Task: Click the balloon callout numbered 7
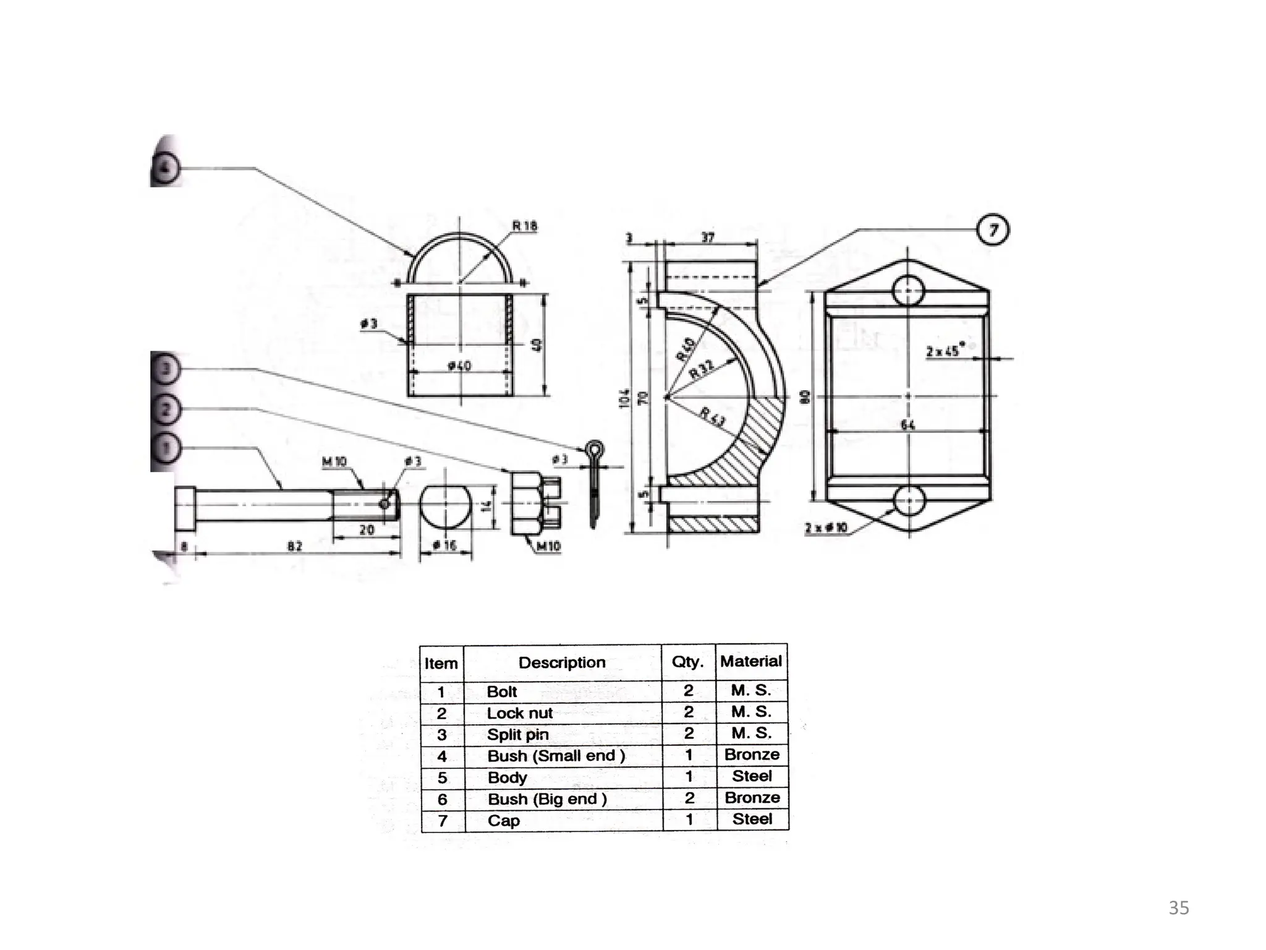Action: pyautogui.click(x=993, y=230)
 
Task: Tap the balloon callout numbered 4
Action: pyautogui.click(x=165, y=168)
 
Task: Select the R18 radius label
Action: pyautogui.click(x=525, y=226)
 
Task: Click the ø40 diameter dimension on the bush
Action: pyautogui.click(x=459, y=366)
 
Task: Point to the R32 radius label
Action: pyautogui.click(x=702, y=369)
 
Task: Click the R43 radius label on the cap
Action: pyautogui.click(x=713, y=417)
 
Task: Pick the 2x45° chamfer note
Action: pyautogui.click(x=943, y=351)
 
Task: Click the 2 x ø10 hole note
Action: pyautogui.click(x=826, y=528)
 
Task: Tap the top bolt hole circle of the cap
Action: pyautogui.click(x=908, y=290)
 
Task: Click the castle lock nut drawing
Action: pyautogui.click(x=535, y=503)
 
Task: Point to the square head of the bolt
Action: pyautogui.click(x=185, y=509)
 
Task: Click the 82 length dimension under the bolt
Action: pyautogui.click(x=295, y=546)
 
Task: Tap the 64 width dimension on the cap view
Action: pyautogui.click(x=907, y=424)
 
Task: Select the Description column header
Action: pyautogui.click(x=562, y=662)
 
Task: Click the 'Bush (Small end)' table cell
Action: pyautogui.click(x=556, y=756)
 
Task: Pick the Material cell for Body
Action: pyautogui.click(x=752, y=776)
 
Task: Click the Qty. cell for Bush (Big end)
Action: pyautogui.click(x=689, y=798)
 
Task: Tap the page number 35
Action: pyautogui.click(x=1179, y=908)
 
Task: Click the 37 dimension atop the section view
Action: pyautogui.click(x=708, y=237)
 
